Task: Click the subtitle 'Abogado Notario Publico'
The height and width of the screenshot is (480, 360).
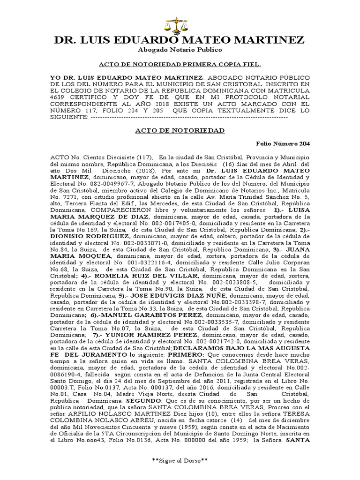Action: tap(180, 50)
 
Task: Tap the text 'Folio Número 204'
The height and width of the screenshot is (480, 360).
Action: tap(283, 143)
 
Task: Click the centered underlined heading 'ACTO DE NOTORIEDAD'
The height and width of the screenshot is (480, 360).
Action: tap(180, 130)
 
